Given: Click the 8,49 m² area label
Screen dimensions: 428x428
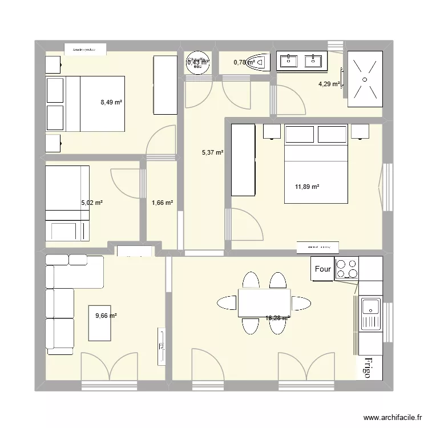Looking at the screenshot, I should pyautogui.click(x=112, y=103).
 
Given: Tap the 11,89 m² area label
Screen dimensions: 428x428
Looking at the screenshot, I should pyautogui.click(x=307, y=187).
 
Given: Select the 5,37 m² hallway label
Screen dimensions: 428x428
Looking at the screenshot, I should pyautogui.click(x=212, y=152).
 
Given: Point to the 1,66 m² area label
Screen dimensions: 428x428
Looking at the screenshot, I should pyautogui.click(x=162, y=202).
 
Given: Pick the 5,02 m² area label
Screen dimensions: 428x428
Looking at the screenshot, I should pyautogui.click(x=92, y=202).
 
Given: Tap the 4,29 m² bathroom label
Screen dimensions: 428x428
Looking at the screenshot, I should pyautogui.click(x=329, y=84).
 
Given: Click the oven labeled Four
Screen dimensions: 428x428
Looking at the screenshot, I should pyautogui.click(x=322, y=269).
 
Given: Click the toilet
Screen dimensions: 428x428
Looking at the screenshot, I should pyautogui.click(x=260, y=62).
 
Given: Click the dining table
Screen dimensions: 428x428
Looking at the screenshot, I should pyautogui.click(x=264, y=302).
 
